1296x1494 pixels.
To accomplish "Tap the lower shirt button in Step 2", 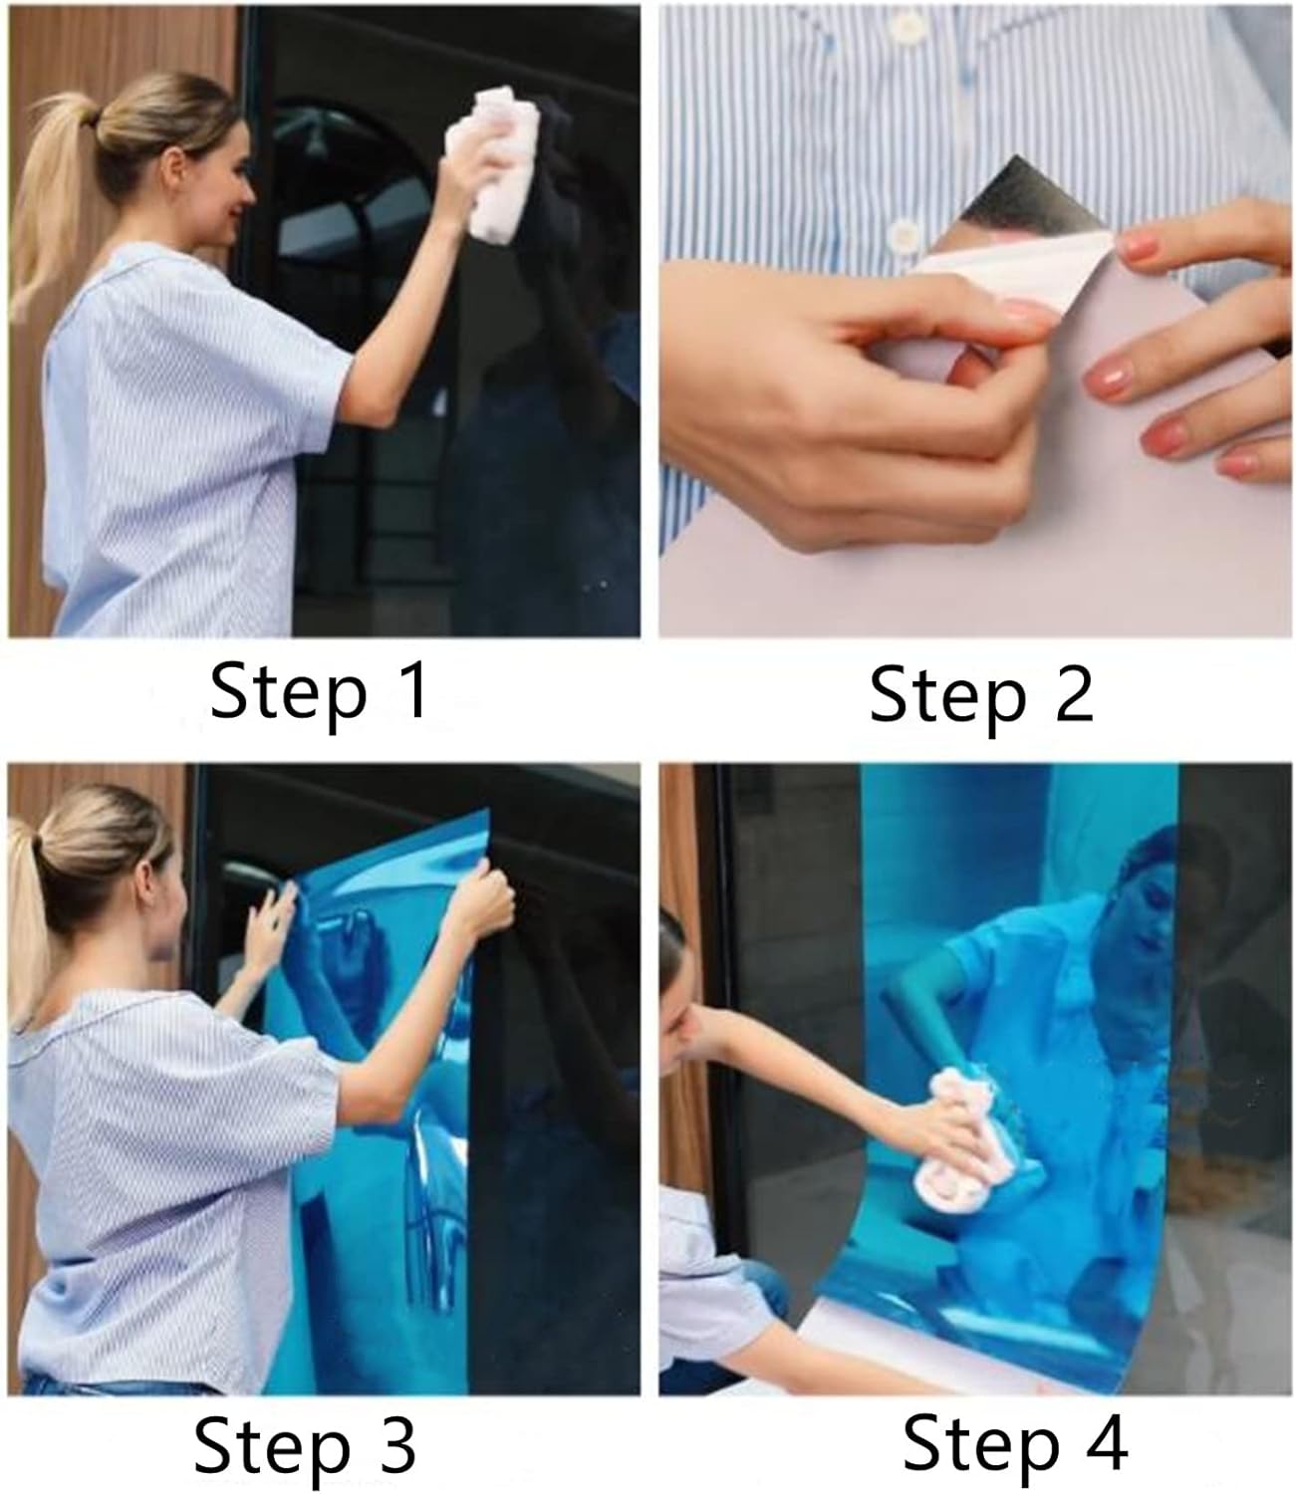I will (x=905, y=235).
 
